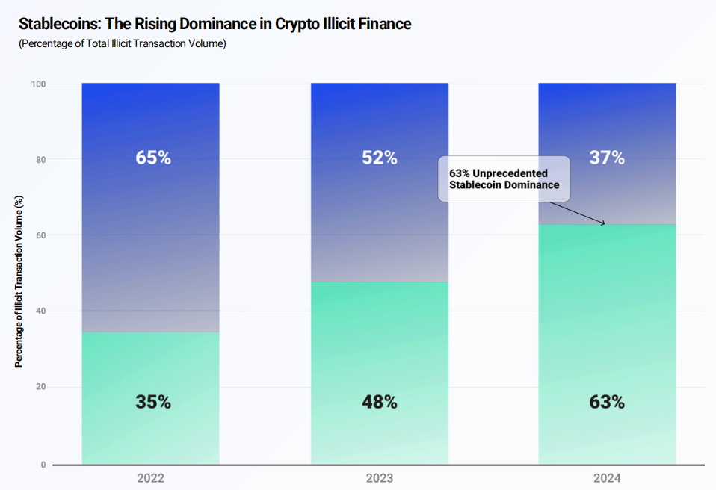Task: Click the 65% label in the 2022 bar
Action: click(x=153, y=158)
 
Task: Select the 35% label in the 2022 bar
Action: click(x=153, y=402)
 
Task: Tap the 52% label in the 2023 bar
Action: click(x=380, y=158)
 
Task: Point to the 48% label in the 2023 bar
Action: click(x=380, y=402)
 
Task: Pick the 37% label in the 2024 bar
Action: click(x=607, y=158)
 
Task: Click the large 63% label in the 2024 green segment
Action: click(x=607, y=402)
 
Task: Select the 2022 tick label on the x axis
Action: click(x=151, y=478)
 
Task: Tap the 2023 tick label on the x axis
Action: click(x=380, y=478)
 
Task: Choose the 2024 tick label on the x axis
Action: click(x=607, y=478)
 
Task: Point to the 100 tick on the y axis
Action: click(x=38, y=84)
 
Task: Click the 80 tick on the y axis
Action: click(x=40, y=160)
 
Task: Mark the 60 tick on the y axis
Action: click(x=40, y=235)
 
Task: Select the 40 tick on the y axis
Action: click(x=40, y=311)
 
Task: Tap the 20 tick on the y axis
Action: click(x=40, y=387)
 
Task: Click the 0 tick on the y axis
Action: click(x=43, y=465)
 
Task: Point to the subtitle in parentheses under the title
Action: click(x=122, y=43)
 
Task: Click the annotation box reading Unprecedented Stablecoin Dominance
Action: click(x=504, y=179)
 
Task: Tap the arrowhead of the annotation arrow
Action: click(x=603, y=223)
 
